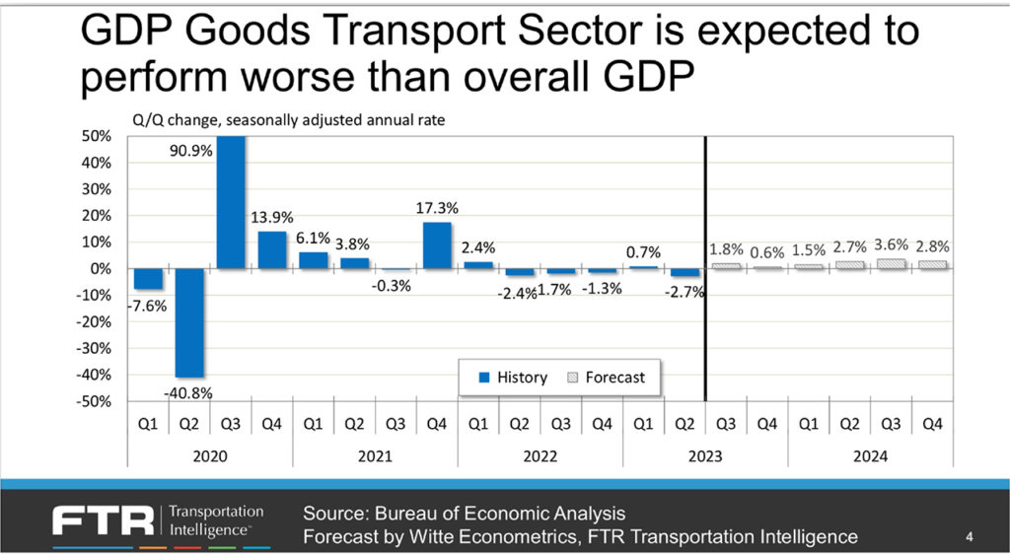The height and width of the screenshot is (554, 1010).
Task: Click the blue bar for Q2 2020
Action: click(190, 322)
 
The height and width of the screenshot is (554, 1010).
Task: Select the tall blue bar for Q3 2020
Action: click(231, 202)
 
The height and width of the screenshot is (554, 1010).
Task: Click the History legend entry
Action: click(514, 378)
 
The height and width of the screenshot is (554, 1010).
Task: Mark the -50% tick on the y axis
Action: click(96, 402)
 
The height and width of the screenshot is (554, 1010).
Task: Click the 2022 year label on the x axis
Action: click(541, 456)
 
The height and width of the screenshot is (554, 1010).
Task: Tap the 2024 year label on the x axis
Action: click(870, 456)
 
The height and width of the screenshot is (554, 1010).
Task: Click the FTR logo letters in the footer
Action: click(103, 520)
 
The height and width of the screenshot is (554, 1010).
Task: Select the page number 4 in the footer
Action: click(970, 537)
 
